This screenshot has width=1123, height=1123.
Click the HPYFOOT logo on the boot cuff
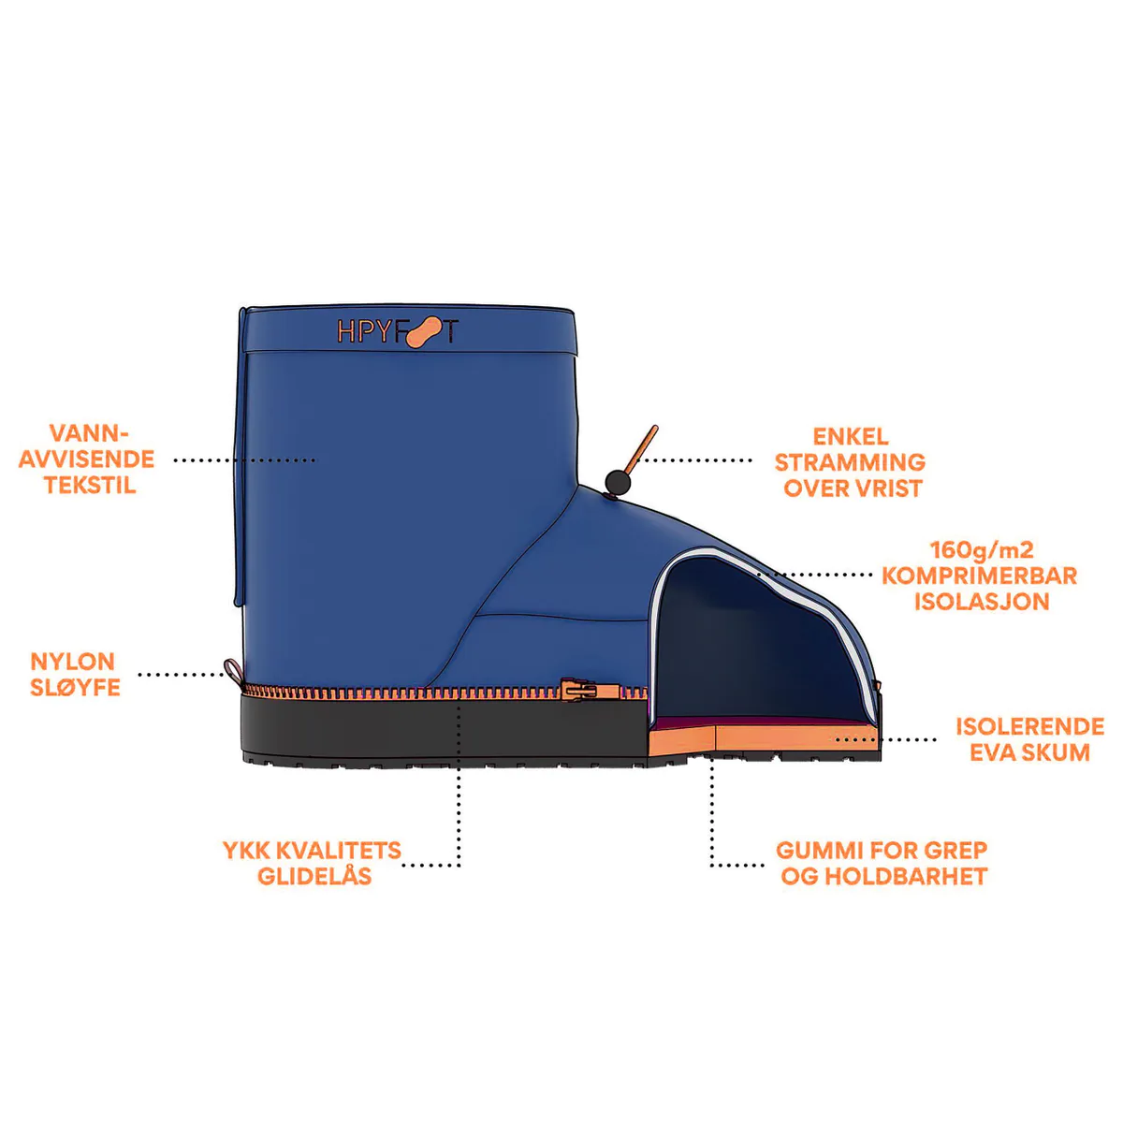(398, 332)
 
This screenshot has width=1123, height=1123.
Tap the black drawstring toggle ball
(617, 482)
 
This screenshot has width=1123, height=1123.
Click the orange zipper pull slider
(578, 690)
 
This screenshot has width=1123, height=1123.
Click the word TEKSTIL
(90, 485)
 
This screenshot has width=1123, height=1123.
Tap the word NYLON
(72, 662)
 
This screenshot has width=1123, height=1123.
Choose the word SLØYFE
(75, 688)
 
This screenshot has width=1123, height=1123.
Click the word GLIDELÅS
(314, 877)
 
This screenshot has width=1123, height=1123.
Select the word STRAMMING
(850, 462)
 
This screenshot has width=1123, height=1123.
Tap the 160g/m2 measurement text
(982, 549)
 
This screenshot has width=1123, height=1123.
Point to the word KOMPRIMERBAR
(979, 576)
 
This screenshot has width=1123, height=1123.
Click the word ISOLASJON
(982, 602)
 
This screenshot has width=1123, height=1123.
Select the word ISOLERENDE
(1030, 726)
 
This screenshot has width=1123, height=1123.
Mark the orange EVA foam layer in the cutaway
(764, 739)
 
